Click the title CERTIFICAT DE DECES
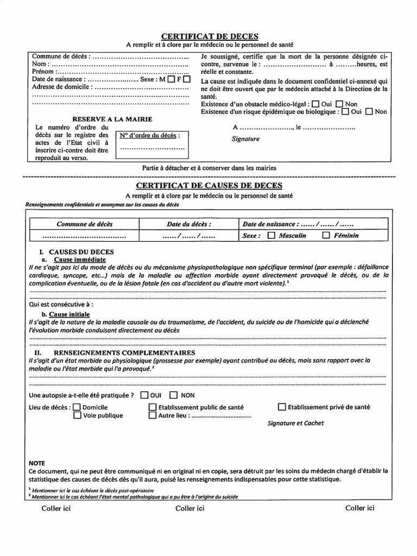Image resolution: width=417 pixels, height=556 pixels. (208, 36)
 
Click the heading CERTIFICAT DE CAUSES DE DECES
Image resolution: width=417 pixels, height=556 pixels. (208, 186)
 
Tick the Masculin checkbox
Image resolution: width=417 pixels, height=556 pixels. (272, 236)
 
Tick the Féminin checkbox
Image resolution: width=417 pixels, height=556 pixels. (326, 236)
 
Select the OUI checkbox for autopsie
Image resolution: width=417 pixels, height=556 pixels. (144, 395)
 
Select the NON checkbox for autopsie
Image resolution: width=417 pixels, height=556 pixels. (174, 395)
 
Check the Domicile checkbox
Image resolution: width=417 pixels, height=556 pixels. (77, 407)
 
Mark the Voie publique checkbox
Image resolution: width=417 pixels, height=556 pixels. (77, 415)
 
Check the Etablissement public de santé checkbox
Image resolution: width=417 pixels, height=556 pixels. (153, 407)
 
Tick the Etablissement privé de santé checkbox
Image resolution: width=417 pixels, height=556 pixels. (282, 406)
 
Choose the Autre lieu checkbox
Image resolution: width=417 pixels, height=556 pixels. (153, 415)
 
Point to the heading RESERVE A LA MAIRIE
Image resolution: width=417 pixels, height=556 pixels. (112, 119)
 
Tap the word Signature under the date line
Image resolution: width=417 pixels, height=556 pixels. (245, 139)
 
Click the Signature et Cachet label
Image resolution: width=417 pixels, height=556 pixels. (295, 423)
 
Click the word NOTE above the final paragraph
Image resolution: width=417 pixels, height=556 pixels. (37, 463)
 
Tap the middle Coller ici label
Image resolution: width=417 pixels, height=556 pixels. (190, 508)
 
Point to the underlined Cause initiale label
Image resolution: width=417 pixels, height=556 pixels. (69, 314)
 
